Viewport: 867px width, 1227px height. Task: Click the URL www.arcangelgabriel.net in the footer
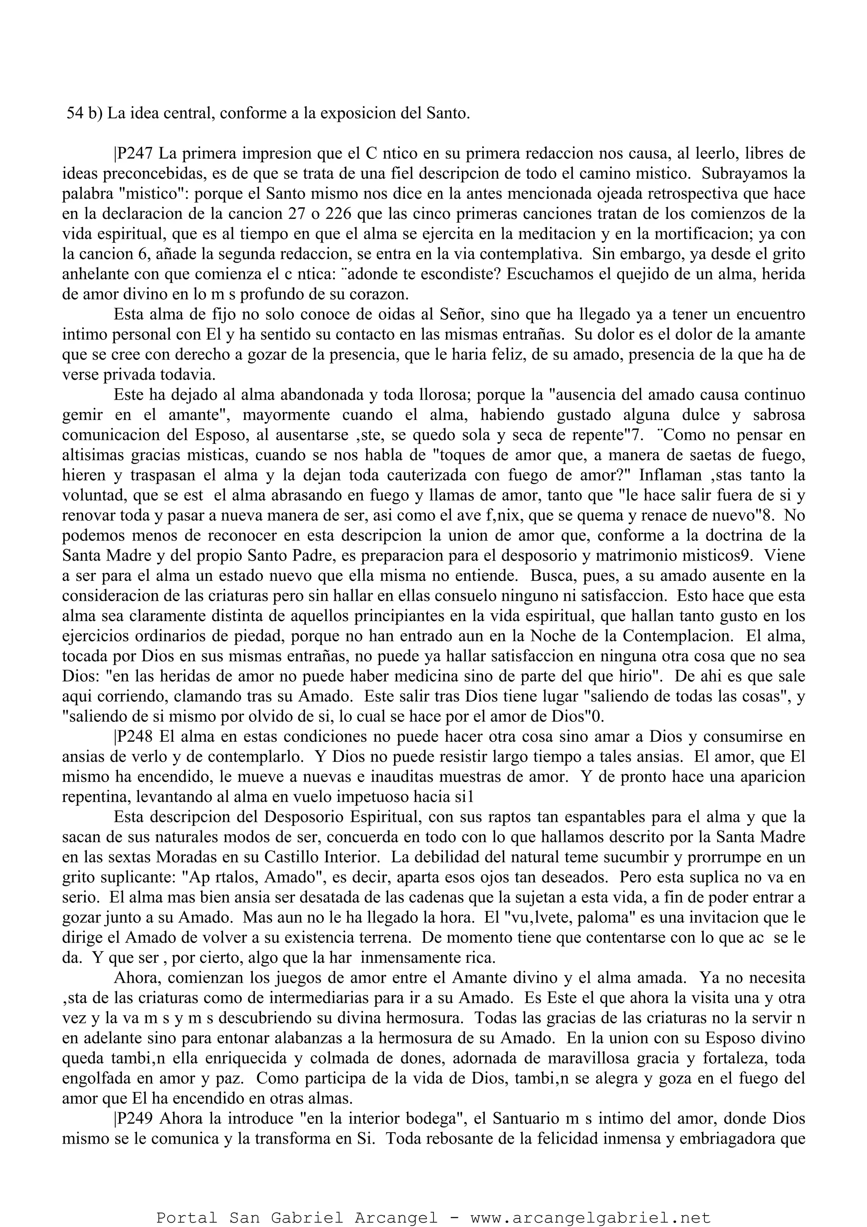pyautogui.click(x=590, y=1213)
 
